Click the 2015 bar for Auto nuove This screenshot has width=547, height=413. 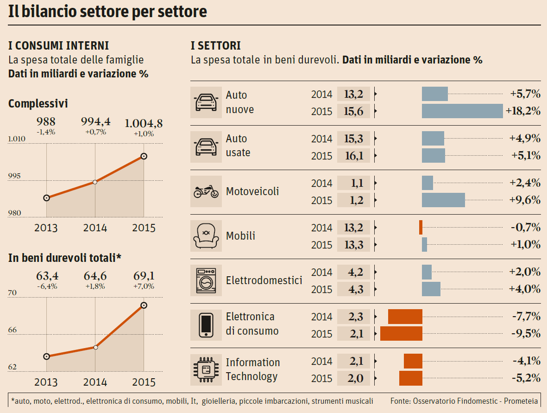pyautogui.click(x=462, y=111)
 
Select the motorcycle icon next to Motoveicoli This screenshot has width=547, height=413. pyautogui.click(x=206, y=192)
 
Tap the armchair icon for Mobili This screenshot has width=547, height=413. pyautogui.click(x=206, y=236)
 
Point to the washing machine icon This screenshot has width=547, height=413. pyautogui.click(x=206, y=280)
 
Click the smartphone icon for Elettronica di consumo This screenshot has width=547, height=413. pyautogui.click(x=206, y=325)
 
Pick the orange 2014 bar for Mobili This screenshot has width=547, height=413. pyautogui.click(x=421, y=228)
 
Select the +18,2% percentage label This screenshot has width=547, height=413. pyautogui.click(x=523, y=111)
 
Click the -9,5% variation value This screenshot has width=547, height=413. pyautogui.click(x=526, y=334)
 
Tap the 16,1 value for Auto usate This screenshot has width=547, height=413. pyautogui.click(x=353, y=156)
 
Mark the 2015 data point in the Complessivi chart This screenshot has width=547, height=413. pyautogui.click(x=144, y=156)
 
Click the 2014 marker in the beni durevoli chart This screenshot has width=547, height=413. pyautogui.click(x=95, y=347)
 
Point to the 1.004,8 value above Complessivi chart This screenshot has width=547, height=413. pyautogui.click(x=144, y=123)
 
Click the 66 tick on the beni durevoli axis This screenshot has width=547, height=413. pyautogui.click(x=13, y=330)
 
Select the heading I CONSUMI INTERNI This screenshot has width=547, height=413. pyautogui.click(x=59, y=46)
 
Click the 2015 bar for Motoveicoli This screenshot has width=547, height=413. pyautogui.click(x=443, y=200)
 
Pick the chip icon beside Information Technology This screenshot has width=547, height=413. pyautogui.click(x=206, y=369)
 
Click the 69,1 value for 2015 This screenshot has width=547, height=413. pyautogui.click(x=144, y=276)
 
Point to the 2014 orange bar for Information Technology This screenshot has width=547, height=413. pyautogui.click(x=413, y=361)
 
